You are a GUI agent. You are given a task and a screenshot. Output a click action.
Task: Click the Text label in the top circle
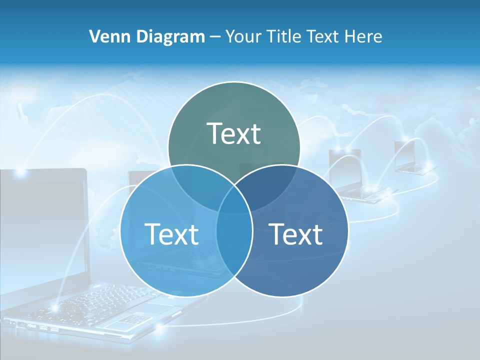click(234, 133)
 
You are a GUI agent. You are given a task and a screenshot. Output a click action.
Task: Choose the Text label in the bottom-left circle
click(171, 234)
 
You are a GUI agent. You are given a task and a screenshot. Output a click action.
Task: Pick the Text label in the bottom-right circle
click(296, 234)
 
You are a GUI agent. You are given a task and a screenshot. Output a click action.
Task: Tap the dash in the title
click(215, 36)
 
